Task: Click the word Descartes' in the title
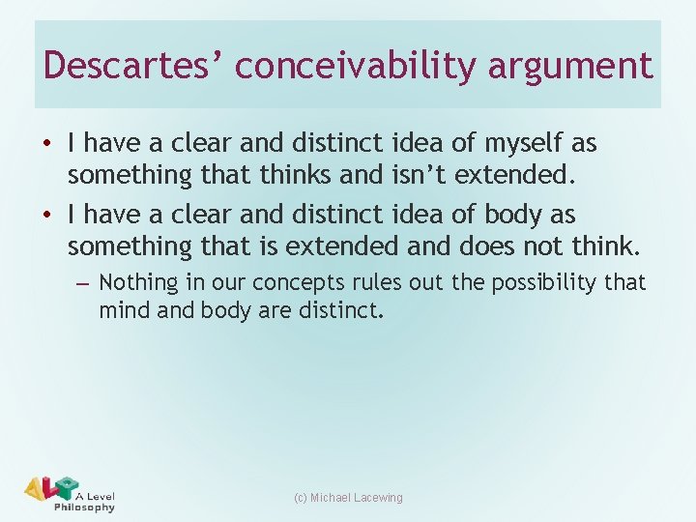click(x=132, y=66)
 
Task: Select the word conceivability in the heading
click(x=355, y=66)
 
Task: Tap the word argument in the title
click(x=570, y=66)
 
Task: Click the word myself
click(x=528, y=144)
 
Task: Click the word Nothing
click(x=139, y=282)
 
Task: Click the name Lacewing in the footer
click(x=378, y=498)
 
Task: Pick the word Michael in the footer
click(x=330, y=498)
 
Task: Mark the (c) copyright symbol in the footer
click(x=300, y=498)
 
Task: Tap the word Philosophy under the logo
click(x=84, y=507)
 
